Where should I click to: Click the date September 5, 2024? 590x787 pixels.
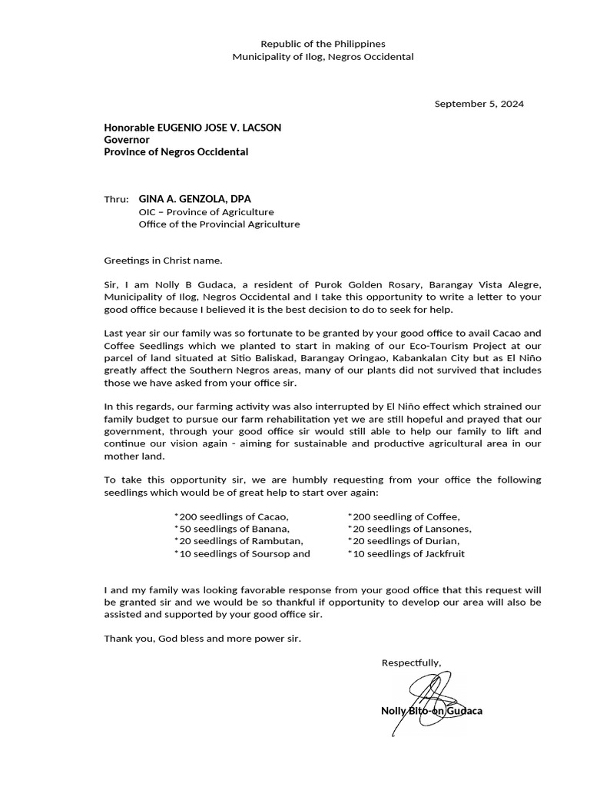479,104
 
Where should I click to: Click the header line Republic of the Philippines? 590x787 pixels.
323,45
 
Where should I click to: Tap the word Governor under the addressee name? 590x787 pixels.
127,140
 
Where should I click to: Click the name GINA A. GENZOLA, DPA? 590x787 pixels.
194,199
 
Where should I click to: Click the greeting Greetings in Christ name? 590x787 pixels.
163,261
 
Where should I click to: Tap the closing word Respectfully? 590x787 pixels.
411,662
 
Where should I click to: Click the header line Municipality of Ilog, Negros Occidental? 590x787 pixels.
323,57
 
